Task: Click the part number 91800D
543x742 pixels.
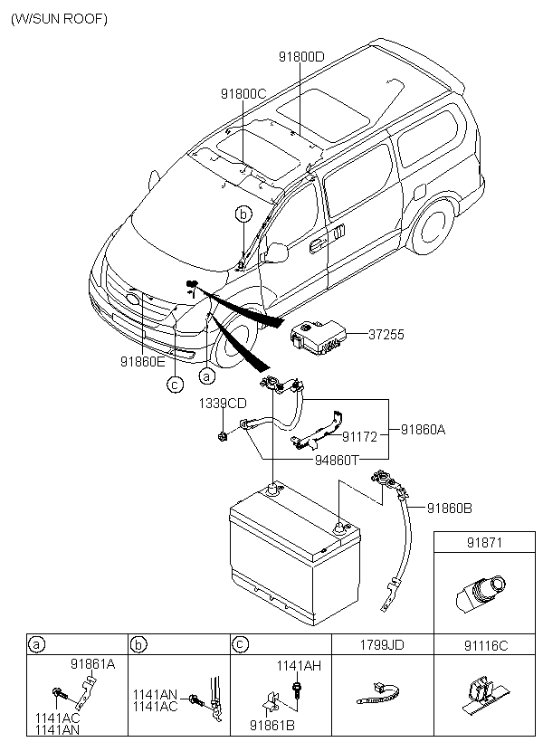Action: click(301, 57)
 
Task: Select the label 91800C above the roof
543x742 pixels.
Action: click(243, 94)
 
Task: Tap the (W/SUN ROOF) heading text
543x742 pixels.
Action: click(59, 19)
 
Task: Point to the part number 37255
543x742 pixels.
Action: click(386, 335)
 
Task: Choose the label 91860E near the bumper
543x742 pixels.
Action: click(142, 362)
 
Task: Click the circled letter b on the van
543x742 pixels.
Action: click(243, 214)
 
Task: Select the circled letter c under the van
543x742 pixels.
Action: click(175, 385)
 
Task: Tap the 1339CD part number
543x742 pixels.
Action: click(223, 404)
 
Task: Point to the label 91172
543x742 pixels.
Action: click(360, 437)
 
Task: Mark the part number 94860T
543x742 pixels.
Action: click(337, 460)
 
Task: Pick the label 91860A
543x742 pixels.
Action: click(424, 430)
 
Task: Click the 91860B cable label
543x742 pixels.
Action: click(449, 509)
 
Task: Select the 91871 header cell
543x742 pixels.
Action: click(484, 542)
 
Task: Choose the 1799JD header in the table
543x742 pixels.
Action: click(382, 644)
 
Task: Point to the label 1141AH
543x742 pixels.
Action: click(299, 665)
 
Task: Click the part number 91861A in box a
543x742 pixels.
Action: click(93, 664)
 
